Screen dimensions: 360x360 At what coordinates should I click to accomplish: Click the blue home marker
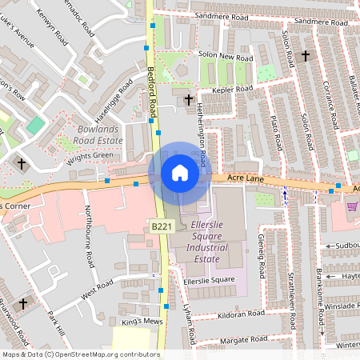click(x=179, y=173)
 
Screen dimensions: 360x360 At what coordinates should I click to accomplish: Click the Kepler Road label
click(x=234, y=90)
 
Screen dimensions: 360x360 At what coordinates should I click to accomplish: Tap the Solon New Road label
click(x=225, y=58)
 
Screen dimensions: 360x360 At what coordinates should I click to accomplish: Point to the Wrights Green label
click(x=90, y=155)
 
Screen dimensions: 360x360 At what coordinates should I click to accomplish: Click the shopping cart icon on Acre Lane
click(x=352, y=206)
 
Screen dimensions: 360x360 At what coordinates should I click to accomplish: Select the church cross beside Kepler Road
click(x=189, y=100)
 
